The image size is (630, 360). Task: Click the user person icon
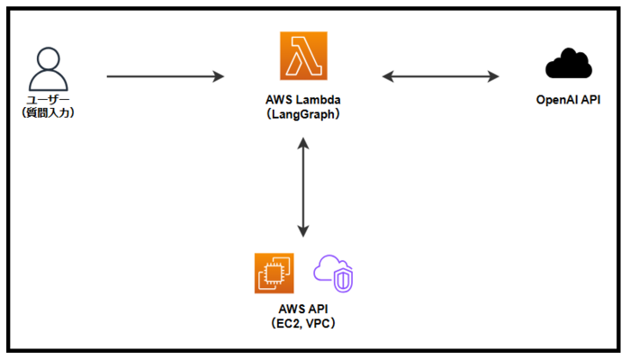click(46, 68)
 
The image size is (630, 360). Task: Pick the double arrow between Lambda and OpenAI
click(440, 76)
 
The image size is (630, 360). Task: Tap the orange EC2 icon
click(274, 273)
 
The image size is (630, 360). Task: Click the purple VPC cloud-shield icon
click(333, 274)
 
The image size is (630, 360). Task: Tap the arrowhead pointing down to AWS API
click(303, 230)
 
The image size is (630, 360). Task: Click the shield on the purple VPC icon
click(343, 282)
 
